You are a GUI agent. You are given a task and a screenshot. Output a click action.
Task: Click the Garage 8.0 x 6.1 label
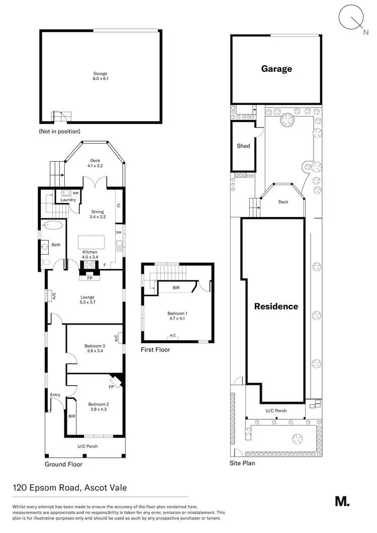100,76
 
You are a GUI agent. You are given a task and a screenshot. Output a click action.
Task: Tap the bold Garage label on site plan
276,69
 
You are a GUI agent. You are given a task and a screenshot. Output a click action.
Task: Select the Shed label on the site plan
243,146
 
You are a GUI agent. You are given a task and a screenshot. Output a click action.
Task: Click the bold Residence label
275,306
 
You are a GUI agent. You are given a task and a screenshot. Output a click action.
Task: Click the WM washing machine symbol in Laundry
66,193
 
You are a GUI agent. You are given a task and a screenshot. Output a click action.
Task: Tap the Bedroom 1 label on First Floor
176,316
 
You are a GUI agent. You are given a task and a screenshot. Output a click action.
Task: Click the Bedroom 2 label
98,406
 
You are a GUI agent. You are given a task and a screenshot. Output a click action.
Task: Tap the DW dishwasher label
118,233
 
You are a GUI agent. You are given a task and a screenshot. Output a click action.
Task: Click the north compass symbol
351,18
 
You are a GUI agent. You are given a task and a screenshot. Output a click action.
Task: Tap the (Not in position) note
59,131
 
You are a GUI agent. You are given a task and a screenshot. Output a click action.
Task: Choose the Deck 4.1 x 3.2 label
95,163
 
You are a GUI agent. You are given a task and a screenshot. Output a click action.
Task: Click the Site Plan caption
242,463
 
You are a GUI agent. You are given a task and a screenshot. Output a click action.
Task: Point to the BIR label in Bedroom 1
176,288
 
